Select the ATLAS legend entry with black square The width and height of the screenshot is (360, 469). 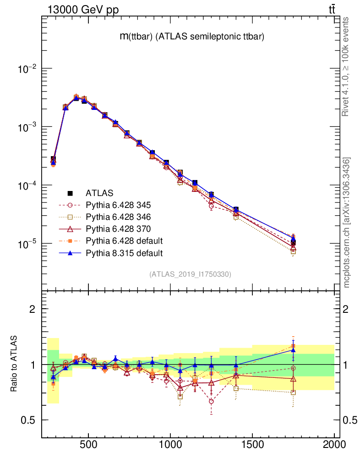click(99, 193)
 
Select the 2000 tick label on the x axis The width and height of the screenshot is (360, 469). click(334, 444)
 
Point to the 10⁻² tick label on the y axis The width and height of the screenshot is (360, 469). click(29, 69)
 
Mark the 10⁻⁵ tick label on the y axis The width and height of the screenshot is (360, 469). click(29, 244)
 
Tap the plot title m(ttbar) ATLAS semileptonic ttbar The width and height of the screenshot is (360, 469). click(191, 37)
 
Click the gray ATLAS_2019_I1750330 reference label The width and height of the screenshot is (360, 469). click(190, 274)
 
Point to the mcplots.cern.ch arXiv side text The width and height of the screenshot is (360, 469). click(347, 223)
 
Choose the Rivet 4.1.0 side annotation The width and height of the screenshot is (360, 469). click(347, 67)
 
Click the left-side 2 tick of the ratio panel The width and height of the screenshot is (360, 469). click(32, 309)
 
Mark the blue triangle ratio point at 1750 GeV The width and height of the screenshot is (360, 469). click(293, 350)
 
